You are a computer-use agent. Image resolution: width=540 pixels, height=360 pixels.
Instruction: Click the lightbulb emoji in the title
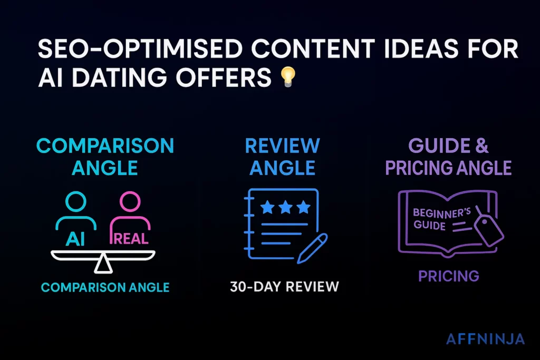pos(287,77)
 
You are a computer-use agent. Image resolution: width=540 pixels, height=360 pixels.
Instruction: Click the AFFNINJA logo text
pos(486,339)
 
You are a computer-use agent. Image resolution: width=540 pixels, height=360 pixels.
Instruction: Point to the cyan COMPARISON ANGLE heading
pos(105,156)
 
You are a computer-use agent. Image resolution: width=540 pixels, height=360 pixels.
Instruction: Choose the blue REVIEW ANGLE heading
pos(282,156)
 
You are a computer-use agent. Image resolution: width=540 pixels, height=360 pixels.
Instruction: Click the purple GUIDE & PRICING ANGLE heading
pos(448,156)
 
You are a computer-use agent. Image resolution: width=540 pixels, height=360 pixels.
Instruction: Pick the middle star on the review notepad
pos(285,207)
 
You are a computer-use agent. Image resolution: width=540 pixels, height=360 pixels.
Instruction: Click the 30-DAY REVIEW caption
pos(285,287)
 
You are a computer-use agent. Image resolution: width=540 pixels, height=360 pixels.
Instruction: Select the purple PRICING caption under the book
pos(449,276)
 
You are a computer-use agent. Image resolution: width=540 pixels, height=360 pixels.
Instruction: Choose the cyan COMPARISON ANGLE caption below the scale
pos(105,287)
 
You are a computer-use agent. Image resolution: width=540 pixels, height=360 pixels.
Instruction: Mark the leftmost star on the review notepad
pos(268,207)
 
